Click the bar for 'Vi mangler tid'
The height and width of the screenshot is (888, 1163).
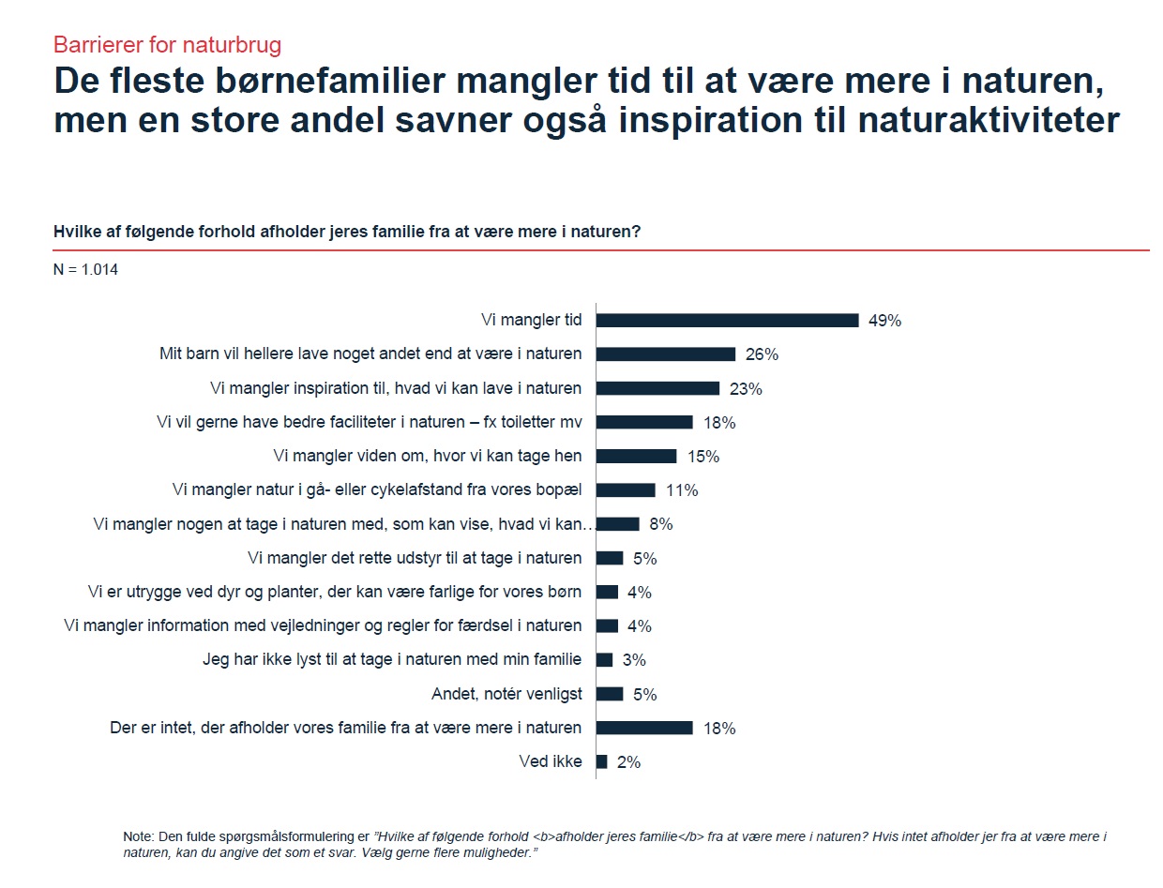[x=727, y=320]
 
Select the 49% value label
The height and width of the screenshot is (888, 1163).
[x=884, y=321]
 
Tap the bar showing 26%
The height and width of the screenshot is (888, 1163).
[x=666, y=354]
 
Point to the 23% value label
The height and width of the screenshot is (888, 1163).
[x=746, y=389]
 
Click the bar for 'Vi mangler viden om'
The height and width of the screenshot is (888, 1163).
[x=636, y=456]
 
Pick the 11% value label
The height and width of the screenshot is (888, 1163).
[x=681, y=490]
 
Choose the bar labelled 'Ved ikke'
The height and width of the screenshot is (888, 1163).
[x=602, y=761]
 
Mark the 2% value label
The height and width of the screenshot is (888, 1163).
[x=628, y=762]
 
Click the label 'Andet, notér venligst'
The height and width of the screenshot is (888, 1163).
[x=506, y=694]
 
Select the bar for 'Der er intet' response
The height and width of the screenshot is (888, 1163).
[x=644, y=728]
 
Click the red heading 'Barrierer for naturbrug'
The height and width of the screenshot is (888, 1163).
[x=167, y=44]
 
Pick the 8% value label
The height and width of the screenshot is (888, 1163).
[x=660, y=524]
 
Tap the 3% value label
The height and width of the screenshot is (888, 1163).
[x=634, y=660]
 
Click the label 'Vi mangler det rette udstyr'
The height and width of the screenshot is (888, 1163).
[x=415, y=558]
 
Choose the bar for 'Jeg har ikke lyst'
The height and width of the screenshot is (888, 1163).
[x=604, y=660]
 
